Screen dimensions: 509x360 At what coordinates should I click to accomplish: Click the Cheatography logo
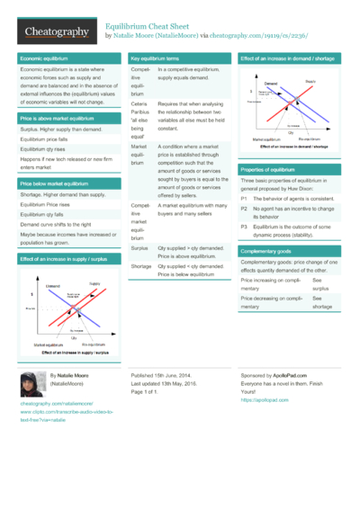tap(57, 31)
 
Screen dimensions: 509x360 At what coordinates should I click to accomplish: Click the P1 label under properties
tap(244, 197)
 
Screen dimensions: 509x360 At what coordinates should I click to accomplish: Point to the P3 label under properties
tap(244, 227)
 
